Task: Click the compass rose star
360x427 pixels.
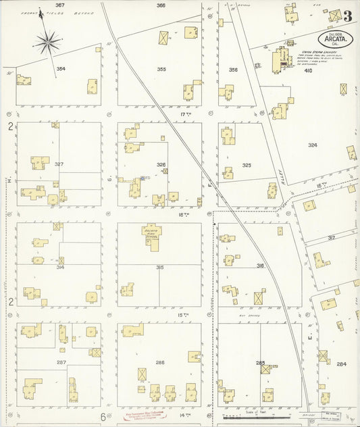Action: pyautogui.click(x=48, y=43)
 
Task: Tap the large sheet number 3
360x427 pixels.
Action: pyautogui.click(x=346, y=16)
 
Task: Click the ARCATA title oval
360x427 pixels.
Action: pyautogui.click(x=336, y=37)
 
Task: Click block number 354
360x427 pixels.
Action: pyautogui.click(x=61, y=69)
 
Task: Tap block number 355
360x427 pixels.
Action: pyautogui.click(x=161, y=69)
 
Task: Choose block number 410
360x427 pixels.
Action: pyautogui.click(x=308, y=70)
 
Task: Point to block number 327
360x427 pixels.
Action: pyautogui.click(x=59, y=164)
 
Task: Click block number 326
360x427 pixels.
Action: pyautogui.click(x=161, y=164)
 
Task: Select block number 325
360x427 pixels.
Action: pyautogui.click(x=247, y=165)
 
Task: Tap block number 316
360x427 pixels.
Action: pyautogui.click(x=260, y=266)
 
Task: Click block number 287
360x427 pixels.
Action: pyautogui.click(x=61, y=363)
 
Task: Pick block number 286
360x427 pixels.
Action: pyautogui.click(x=160, y=363)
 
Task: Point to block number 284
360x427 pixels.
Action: pyautogui.click(x=341, y=363)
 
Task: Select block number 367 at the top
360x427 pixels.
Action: pyautogui.click(x=59, y=5)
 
